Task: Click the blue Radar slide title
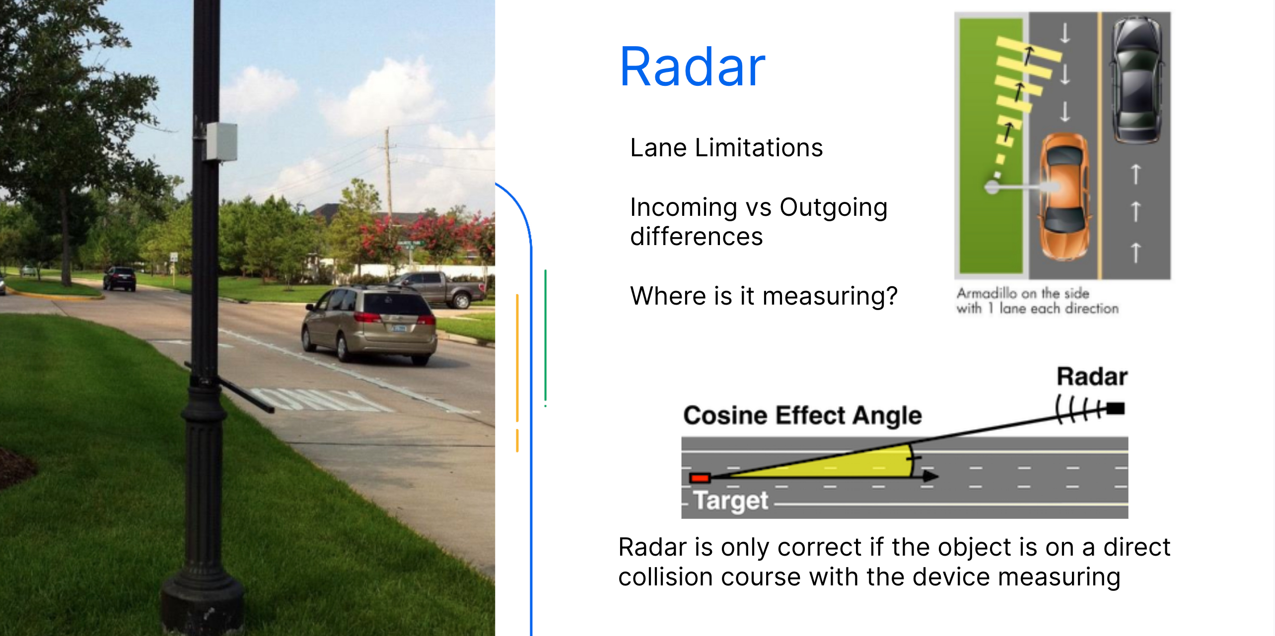pyautogui.click(x=692, y=67)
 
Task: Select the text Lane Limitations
pyautogui.click(x=726, y=148)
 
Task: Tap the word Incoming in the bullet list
pyautogui.click(x=683, y=207)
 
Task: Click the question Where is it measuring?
pyautogui.click(x=763, y=296)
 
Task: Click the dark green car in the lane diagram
pyautogui.click(x=1137, y=79)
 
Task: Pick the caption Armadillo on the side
pyautogui.click(x=1023, y=293)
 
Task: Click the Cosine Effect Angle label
pyautogui.click(x=802, y=416)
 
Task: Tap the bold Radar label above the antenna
pyautogui.click(x=1091, y=377)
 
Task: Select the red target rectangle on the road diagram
pyautogui.click(x=700, y=478)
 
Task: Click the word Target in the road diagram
pyautogui.click(x=730, y=500)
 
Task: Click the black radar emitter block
pyautogui.click(x=1116, y=409)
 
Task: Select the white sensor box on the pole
pyautogui.click(x=221, y=142)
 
